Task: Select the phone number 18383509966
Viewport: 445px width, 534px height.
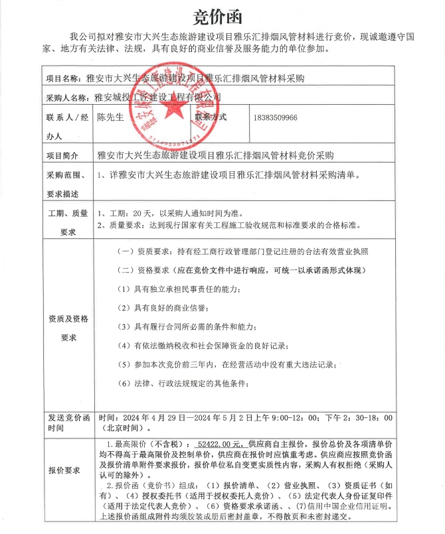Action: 275,117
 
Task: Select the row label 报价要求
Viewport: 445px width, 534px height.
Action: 64,471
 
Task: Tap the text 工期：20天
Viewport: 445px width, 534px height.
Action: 125,214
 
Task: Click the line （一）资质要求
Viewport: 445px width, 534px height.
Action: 242,252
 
